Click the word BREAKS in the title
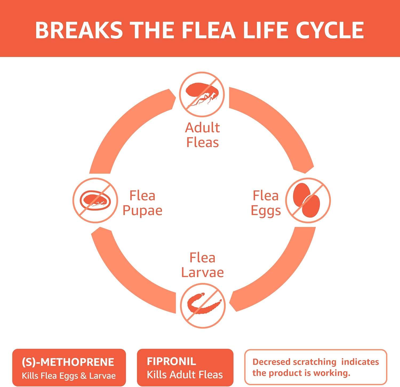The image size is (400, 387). tap(79, 30)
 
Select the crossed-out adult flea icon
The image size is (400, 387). tap(202, 94)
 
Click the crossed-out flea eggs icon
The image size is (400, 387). tap(308, 200)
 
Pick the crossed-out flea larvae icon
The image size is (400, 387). tap(203, 306)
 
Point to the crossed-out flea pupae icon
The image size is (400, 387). tap(95, 200)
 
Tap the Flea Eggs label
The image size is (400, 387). tap(266, 203)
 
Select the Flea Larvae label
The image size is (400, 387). tap(202, 265)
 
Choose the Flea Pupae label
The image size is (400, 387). tap(142, 203)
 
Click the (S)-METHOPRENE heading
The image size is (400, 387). tap(68, 362)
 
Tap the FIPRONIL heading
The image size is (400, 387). tap(171, 361)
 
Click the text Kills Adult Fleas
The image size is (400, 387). tap(185, 375)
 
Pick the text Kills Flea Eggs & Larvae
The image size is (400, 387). tap(69, 376)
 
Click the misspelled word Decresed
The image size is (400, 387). tap(271, 362)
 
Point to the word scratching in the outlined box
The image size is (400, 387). tap(315, 362)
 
